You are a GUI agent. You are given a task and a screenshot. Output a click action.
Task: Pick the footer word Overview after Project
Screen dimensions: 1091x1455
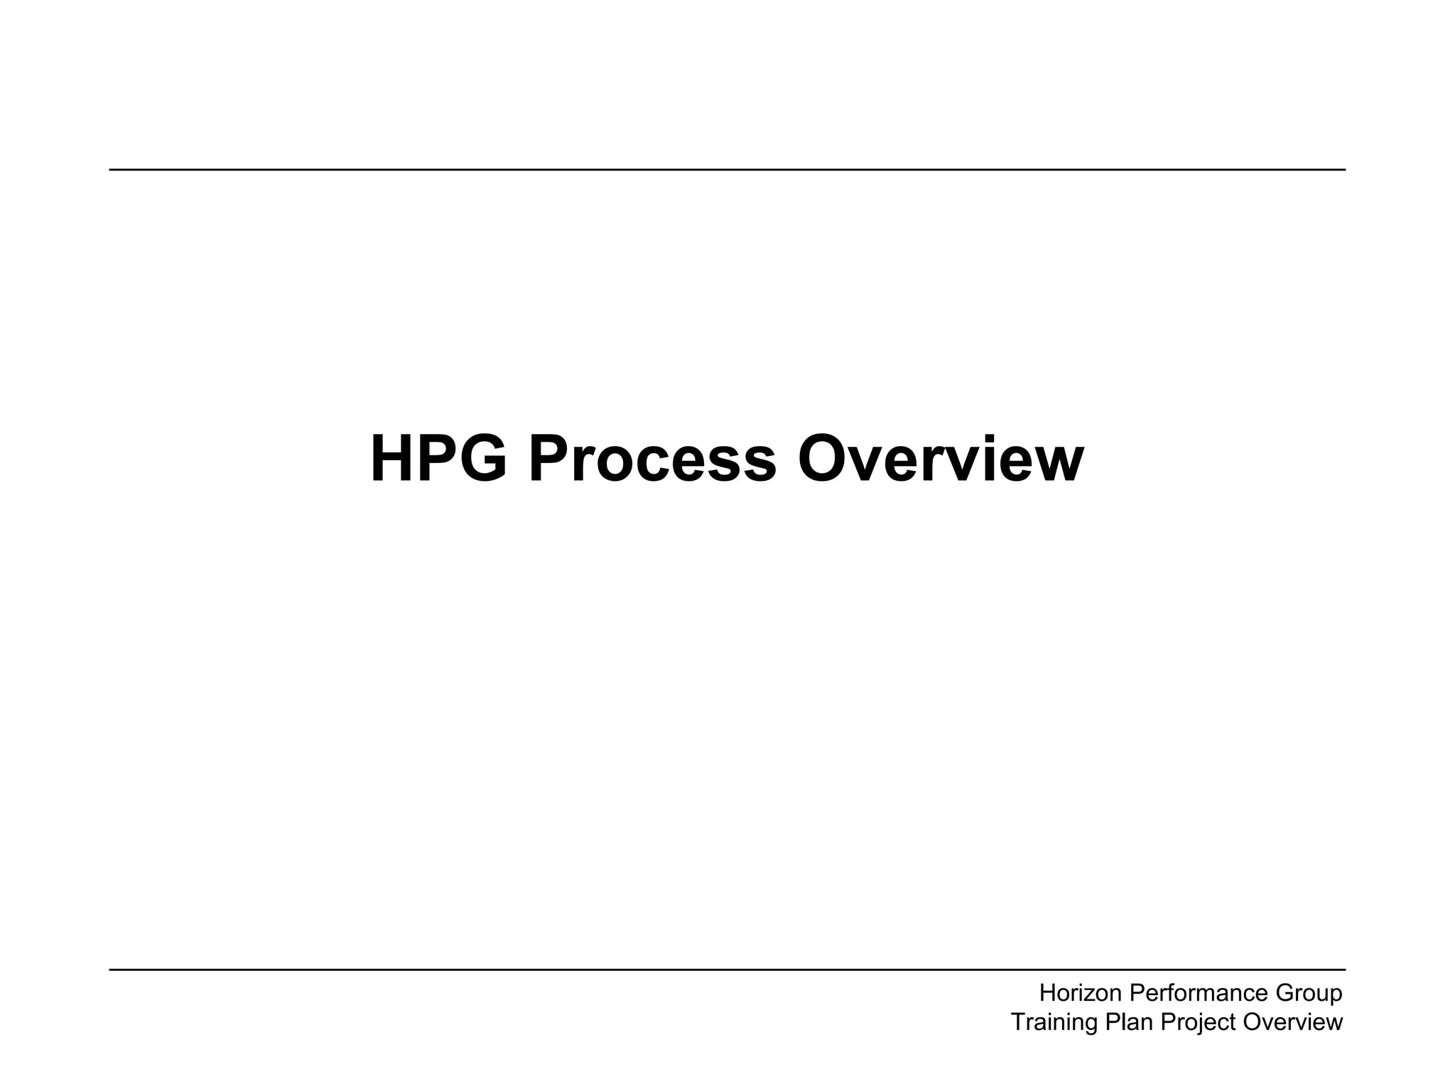coord(1293,1022)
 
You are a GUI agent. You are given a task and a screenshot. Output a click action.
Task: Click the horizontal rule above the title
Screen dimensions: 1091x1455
coord(727,170)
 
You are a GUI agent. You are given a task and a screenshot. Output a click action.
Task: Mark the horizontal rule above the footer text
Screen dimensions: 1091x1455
coord(727,970)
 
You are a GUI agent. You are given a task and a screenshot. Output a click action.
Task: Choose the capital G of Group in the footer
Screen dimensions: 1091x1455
coord(1283,992)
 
